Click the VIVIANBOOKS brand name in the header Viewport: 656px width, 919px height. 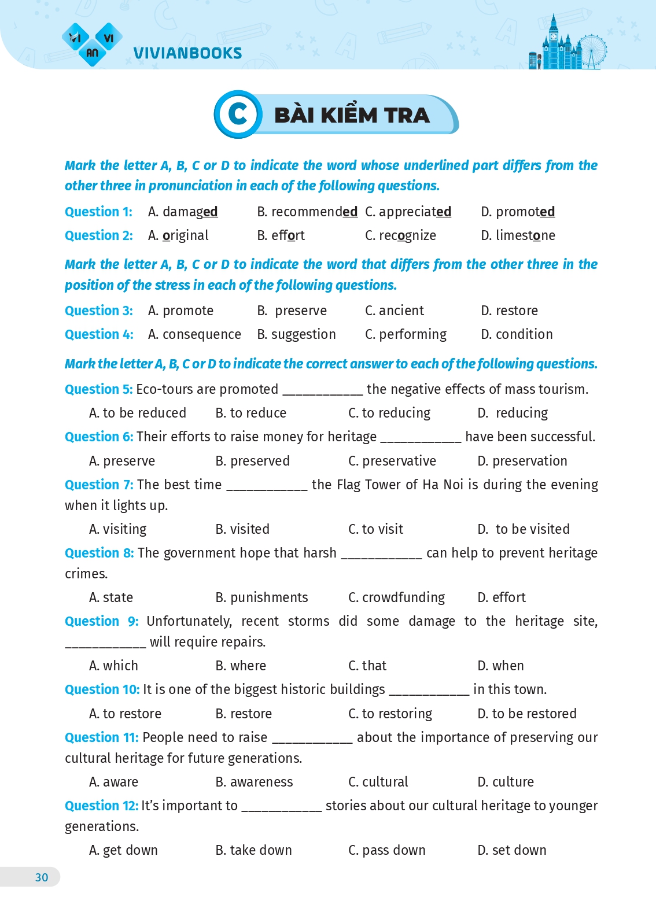(x=187, y=53)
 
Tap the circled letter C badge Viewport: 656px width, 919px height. (x=238, y=115)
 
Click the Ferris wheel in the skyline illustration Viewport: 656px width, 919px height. (x=592, y=50)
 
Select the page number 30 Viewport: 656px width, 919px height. (x=42, y=877)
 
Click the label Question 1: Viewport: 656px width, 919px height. (x=98, y=212)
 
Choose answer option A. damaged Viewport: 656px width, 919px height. (x=183, y=212)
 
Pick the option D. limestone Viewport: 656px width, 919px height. (x=518, y=235)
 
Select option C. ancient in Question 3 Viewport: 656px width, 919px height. (x=395, y=311)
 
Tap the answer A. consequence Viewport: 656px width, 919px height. (x=194, y=334)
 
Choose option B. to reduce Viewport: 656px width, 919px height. (x=250, y=413)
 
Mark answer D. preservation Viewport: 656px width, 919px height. (x=522, y=461)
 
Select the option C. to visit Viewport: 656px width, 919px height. (x=375, y=529)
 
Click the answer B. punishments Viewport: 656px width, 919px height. (x=261, y=597)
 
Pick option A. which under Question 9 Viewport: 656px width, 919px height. (x=113, y=666)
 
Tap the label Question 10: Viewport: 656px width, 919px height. (x=102, y=689)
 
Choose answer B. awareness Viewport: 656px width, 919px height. (x=254, y=782)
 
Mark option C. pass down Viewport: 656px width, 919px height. (x=386, y=850)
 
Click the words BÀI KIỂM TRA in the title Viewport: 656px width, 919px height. (x=352, y=115)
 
